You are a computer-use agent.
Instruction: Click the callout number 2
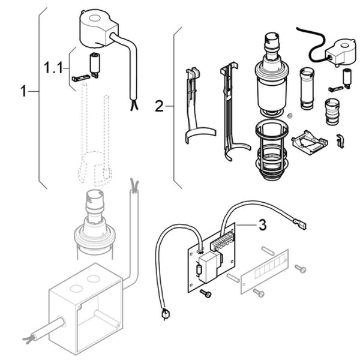[159, 107]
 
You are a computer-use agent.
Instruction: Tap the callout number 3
[262, 226]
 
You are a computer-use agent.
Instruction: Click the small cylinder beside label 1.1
[94, 62]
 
